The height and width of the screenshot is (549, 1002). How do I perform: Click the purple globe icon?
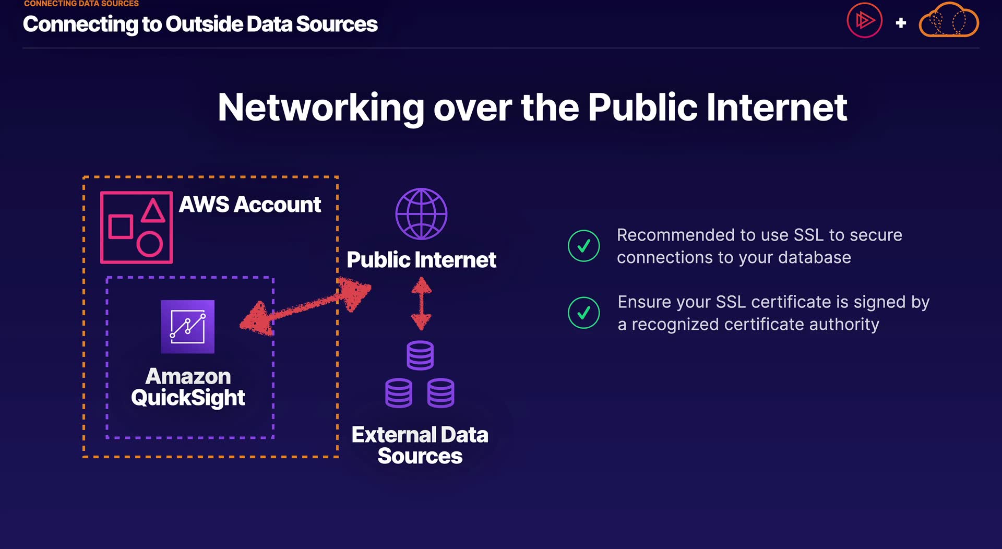point(421,214)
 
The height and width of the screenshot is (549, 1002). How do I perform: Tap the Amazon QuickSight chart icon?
point(188,327)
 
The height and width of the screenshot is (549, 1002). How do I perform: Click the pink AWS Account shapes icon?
point(136,228)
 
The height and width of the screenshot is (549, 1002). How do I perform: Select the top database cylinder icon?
point(420,355)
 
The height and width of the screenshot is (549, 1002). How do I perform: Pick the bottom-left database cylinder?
point(399,393)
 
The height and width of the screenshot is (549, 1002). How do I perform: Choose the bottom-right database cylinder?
point(441,393)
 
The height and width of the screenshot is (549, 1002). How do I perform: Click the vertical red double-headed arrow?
point(421,303)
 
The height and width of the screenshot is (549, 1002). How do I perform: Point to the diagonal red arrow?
point(305,307)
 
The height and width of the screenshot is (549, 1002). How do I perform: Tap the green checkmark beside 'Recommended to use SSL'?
point(583,246)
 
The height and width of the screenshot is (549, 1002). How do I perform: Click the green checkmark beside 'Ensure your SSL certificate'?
point(583,313)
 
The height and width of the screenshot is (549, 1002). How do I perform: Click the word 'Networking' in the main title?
point(321,108)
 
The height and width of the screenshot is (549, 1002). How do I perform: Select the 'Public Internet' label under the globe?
point(421,260)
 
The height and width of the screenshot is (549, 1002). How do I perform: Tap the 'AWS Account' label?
point(250,205)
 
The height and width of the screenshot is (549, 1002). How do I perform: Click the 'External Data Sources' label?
point(420,445)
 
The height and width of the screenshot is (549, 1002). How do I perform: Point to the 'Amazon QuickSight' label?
point(188,387)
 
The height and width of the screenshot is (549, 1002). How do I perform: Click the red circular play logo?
point(864,21)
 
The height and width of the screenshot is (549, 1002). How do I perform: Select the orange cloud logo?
point(949,21)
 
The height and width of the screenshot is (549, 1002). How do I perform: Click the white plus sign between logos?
point(901,23)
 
